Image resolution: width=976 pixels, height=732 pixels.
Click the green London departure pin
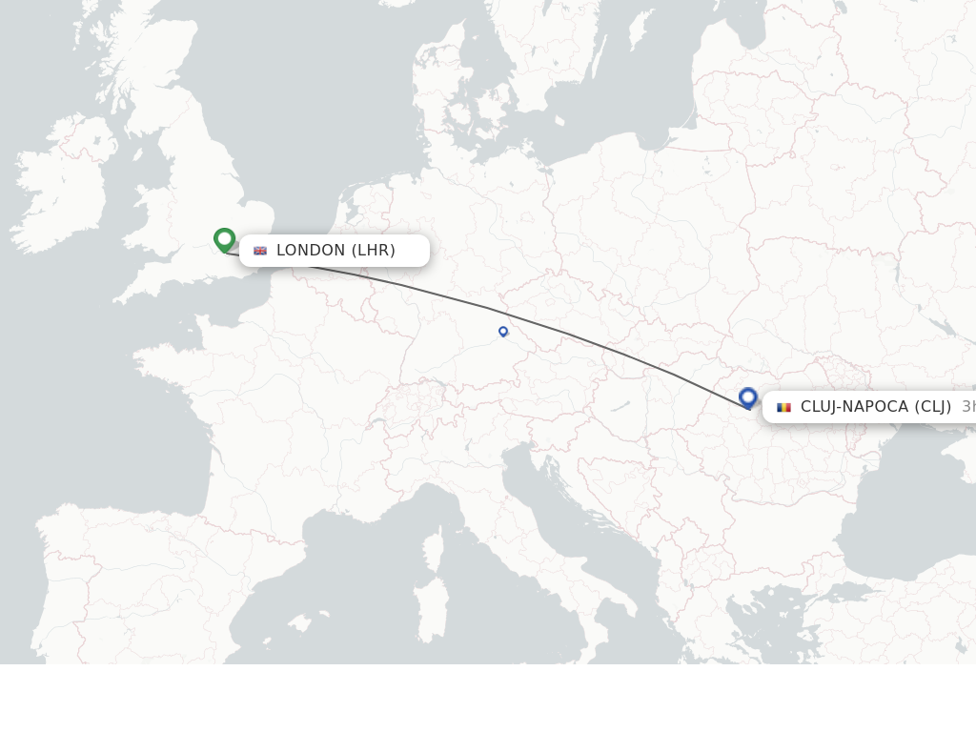coord(225,239)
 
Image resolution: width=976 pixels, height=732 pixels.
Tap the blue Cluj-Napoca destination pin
coord(748,397)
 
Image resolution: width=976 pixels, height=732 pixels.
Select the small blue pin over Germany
coord(503,332)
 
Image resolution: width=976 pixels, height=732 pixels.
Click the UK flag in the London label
coord(260,251)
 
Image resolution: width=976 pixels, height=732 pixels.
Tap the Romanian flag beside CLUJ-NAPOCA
coord(783,407)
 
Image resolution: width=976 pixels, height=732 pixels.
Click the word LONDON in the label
coord(311,251)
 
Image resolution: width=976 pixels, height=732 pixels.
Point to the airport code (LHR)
coord(374,251)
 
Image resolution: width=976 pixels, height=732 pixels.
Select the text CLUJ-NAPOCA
coord(854,407)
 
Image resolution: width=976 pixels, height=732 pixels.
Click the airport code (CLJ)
coord(933,407)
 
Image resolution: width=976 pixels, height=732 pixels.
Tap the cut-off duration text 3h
coord(967,407)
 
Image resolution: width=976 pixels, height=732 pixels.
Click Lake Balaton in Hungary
coord(620,406)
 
